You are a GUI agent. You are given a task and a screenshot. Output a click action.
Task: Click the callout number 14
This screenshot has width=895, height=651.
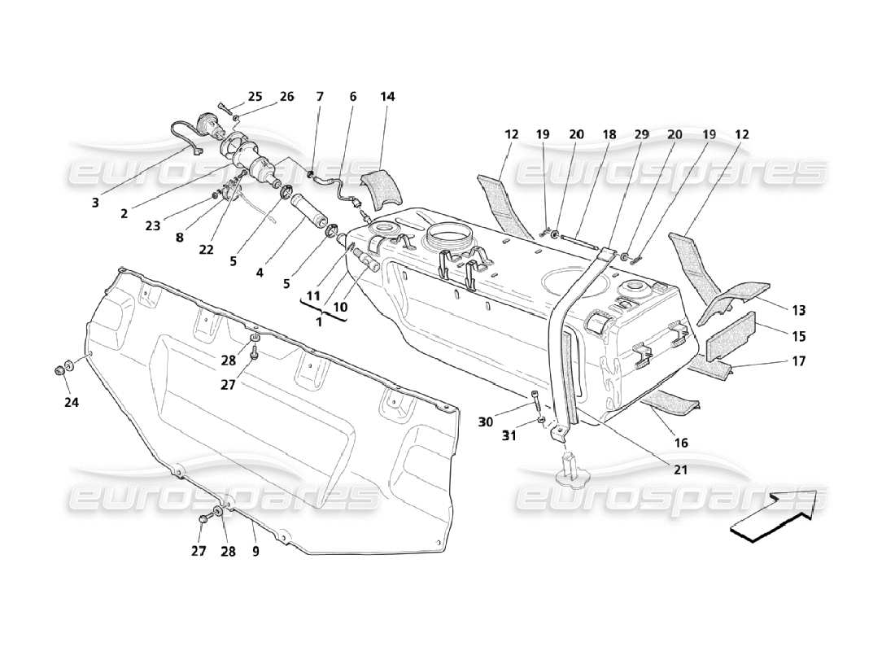pyautogui.click(x=387, y=97)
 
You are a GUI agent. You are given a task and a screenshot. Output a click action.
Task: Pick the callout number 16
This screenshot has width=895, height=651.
pyautogui.click(x=681, y=443)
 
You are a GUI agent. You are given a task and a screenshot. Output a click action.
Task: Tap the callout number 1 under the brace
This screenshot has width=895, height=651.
pyautogui.click(x=320, y=322)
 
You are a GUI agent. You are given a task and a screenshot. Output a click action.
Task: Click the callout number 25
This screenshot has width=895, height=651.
pyautogui.click(x=255, y=97)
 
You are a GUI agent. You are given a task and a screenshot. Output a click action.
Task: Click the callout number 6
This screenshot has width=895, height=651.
pyautogui.click(x=353, y=97)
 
